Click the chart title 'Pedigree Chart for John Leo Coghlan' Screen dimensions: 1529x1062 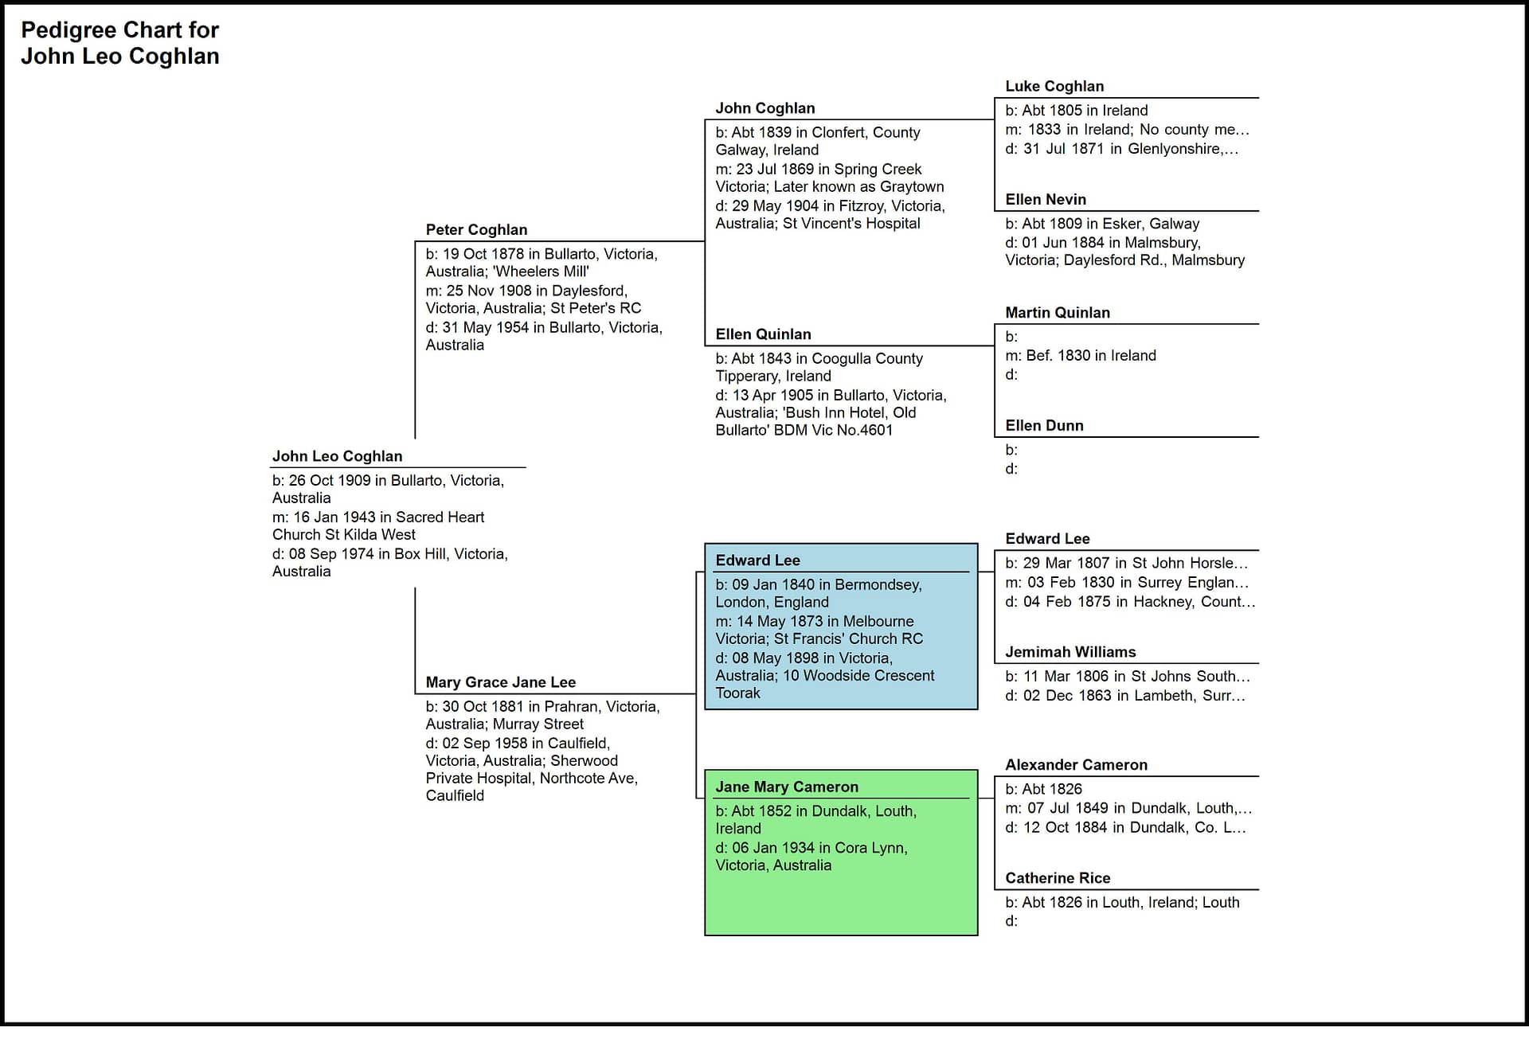(119, 43)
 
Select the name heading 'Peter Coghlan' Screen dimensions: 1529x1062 (476, 229)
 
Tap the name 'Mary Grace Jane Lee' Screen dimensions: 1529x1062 (500, 682)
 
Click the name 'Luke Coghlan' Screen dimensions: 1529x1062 (1054, 86)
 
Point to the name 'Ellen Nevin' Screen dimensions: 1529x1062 (1046, 199)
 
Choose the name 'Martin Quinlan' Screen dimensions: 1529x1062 (1058, 312)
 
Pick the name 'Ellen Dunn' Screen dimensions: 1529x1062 (1044, 425)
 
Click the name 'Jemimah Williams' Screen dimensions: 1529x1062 (1070, 651)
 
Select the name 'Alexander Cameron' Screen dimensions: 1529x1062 (1076, 764)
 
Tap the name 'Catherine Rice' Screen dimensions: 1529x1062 (1058, 877)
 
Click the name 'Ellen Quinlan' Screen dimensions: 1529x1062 (763, 334)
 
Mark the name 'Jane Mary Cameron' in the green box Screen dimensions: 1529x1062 (787, 787)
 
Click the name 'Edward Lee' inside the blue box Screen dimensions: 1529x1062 (757, 560)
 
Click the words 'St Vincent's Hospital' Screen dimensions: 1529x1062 (851, 224)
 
